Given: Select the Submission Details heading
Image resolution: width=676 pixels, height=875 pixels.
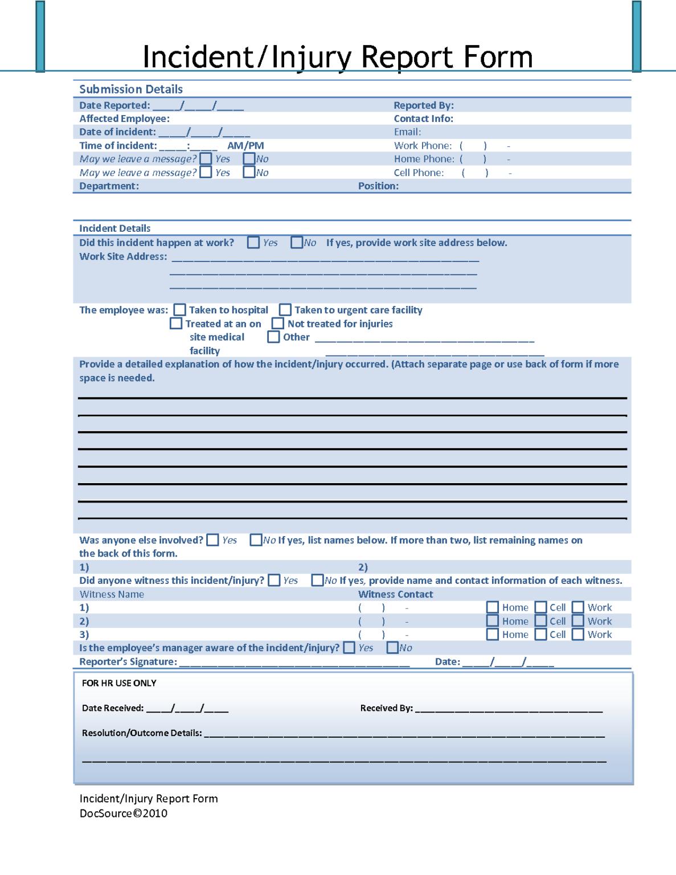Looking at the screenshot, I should coord(131,89).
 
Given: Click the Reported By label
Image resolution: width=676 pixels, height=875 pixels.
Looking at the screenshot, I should coord(423,105).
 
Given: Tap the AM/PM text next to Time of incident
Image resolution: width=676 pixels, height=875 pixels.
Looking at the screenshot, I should coord(245,146).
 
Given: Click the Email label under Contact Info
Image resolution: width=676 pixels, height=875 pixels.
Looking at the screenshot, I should coord(407,132).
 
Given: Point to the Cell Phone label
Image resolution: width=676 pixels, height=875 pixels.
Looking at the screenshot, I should coord(419,173).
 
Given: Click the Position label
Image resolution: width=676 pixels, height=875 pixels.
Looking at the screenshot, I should coord(378,186).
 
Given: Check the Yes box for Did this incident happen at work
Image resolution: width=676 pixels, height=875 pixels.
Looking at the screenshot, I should coord(253,243).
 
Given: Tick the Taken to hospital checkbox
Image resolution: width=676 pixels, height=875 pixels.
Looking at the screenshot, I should coord(180,310).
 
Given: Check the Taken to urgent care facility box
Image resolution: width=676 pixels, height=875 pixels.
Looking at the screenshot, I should coord(285,310).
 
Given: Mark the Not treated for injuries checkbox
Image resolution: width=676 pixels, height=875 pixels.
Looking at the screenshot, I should coord(278,324).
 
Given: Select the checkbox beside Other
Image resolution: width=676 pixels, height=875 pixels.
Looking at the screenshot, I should coord(274,337).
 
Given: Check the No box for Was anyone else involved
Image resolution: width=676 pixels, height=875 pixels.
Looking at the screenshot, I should coord(256,540).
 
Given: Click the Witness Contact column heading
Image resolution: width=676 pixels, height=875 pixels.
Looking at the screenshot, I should coord(395,594).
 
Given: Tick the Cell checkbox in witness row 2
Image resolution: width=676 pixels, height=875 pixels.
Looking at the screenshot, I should coord(541,621).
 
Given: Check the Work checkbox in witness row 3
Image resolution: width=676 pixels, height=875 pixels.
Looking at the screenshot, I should coord(578,635).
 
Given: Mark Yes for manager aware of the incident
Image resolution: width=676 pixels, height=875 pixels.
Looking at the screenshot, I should coord(350,648).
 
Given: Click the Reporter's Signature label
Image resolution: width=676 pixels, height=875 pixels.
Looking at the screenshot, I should coord(128,662).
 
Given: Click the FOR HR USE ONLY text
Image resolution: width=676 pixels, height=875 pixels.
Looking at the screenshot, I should coord(119,683).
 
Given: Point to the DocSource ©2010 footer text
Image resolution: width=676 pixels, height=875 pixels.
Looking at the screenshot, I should coord(124,813).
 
